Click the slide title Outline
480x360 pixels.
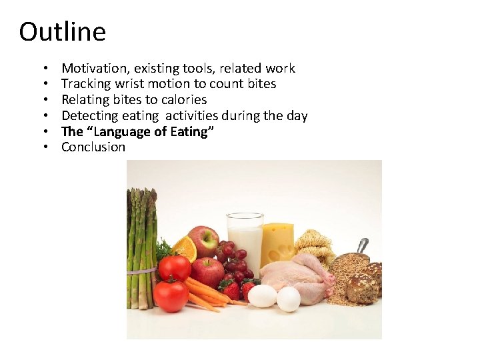pyautogui.click(x=62, y=31)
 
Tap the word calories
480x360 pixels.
pyautogui.click(x=184, y=100)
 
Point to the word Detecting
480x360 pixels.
pyautogui.click(x=90, y=116)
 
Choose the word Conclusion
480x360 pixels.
pyautogui.click(x=93, y=147)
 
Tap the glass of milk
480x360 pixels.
pyautogui.click(x=245, y=243)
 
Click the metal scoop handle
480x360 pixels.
pyautogui.click(x=363, y=245)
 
